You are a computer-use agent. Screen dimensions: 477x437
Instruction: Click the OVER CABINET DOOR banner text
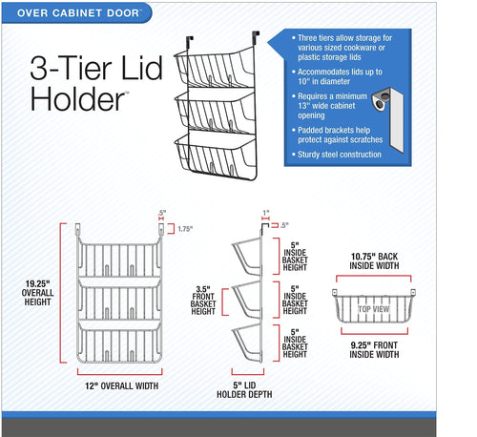pyautogui.click(x=78, y=13)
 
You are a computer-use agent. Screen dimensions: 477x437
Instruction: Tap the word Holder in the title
pyautogui.click(x=77, y=99)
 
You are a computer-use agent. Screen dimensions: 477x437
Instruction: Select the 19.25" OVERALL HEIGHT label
pyautogui.click(x=37, y=293)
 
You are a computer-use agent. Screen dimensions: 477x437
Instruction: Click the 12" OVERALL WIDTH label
pyautogui.click(x=121, y=385)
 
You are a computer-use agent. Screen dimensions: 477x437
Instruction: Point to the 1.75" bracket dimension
pyautogui.click(x=185, y=229)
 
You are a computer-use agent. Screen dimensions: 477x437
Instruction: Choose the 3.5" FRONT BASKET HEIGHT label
pyautogui.click(x=203, y=301)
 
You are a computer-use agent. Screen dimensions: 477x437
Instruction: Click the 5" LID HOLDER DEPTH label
pyautogui.click(x=244, y=389)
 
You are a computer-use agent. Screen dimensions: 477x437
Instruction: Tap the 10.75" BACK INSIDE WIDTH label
pyautogui.click(x=374, y=260)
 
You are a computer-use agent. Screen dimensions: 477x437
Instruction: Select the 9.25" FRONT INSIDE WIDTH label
pyautogui.click(x=374, y=350)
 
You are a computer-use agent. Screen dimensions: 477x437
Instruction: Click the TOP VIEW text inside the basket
pyautogui.click(x=374, y=309)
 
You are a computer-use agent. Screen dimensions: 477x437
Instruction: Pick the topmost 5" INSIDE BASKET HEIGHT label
pyautogui.click(x=295, y=257)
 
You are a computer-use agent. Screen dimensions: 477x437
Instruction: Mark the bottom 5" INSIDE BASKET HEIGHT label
pyautogui.click(x=295, y=343)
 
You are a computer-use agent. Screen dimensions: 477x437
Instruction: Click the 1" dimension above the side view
pyautogui.click(x=266, y=213)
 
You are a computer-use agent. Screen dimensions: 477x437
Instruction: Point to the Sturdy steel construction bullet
pyautogui.click(x=339, y=155)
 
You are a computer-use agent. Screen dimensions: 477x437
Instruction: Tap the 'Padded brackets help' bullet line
pyautogui.click(x=334, y=130)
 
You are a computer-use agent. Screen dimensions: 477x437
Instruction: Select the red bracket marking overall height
pyautogui.click(x=62, y=293)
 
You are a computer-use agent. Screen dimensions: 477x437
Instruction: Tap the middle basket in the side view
pyautogui.click(x=247, y=300)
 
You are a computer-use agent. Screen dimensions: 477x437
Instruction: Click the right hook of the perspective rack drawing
pyautogui.click(x=256, y=37)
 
